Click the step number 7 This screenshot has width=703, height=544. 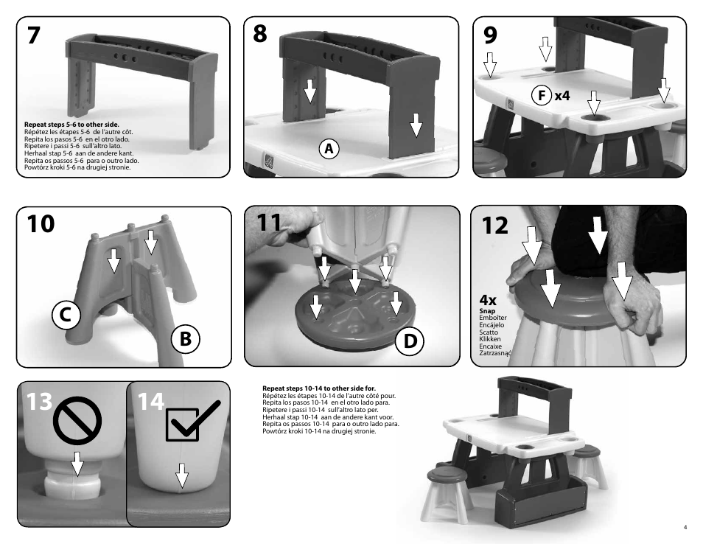tap(35, 37)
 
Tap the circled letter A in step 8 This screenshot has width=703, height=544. tap(329, 148)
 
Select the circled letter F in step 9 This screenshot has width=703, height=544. tap(542, 95)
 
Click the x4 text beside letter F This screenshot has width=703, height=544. tap(562, 95)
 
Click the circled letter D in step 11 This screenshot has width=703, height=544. tap(409, 341)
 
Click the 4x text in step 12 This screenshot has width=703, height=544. tap(488, 301)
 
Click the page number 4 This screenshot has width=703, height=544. tap(685, 527)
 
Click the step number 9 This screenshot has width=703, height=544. tap(487, 36)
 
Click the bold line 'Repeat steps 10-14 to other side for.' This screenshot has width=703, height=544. tap(318, 388)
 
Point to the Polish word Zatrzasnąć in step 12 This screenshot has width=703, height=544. tap(495, 353)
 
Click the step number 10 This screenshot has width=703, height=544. tap(41, 225)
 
